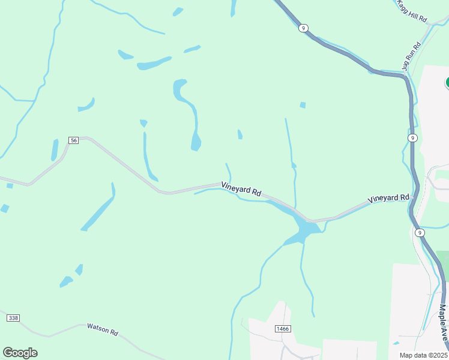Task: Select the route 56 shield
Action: tap(73, 140)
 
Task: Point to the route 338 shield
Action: tap(13, 317)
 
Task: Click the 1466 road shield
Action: tap(282, 329)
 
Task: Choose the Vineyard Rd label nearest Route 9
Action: tap(388, 198)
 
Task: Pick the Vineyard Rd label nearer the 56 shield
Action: tap(241, 189)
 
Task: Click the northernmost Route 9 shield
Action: tap(304, 28)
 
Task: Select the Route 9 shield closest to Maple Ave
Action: tap(420, 232)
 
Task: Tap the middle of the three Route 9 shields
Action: tap(412, 138)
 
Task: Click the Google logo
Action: tap(20, 353)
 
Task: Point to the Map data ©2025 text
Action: tap(423, 355)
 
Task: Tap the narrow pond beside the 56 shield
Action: tap(55, 149)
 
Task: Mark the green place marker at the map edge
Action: tap(447, 82)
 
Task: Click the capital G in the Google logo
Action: tap(8, 353)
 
